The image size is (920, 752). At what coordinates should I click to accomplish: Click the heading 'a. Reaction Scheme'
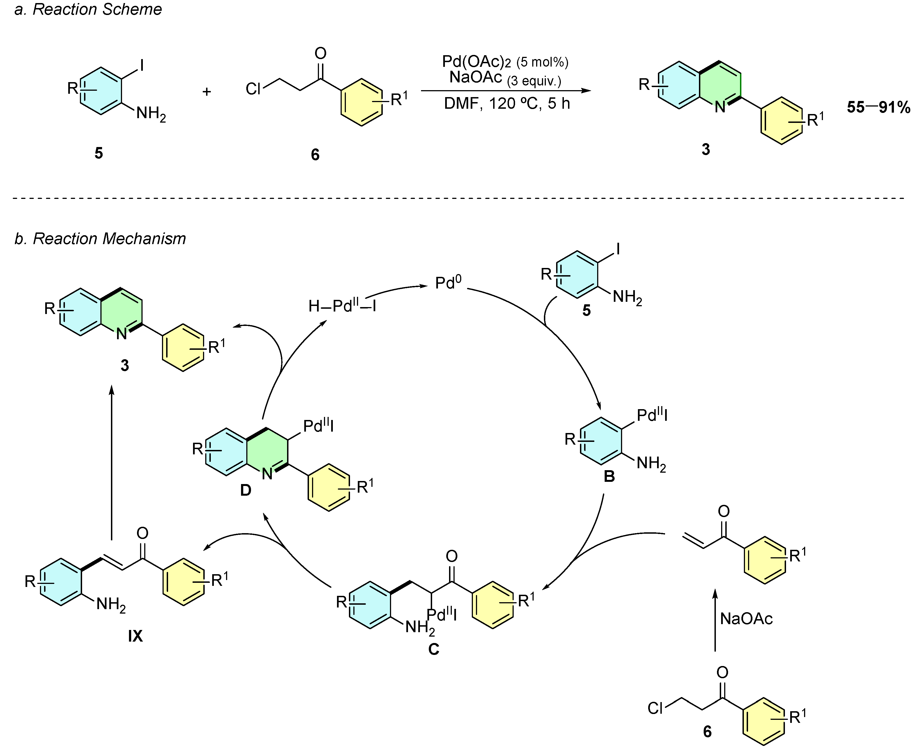coord(88,9)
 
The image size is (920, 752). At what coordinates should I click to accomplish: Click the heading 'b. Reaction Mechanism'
coord(100,239)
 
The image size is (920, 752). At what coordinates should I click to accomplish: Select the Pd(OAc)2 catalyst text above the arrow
coord(476,62)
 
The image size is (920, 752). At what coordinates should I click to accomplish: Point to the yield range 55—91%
coord(878,107)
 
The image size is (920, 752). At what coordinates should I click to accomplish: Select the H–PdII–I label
coord(342,306)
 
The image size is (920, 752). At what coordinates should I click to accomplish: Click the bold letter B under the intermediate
coord(609,477)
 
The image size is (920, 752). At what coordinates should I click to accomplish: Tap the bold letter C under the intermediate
coord(434,649)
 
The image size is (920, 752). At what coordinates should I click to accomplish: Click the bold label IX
coord(135,636)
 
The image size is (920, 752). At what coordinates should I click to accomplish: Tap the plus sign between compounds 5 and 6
coord(207,92)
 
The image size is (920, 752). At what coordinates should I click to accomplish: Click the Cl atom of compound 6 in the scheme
coord(253,89)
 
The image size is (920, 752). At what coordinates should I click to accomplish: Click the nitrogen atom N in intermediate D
coord(267,474)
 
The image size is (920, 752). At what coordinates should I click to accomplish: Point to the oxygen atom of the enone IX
coord(143,533)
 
